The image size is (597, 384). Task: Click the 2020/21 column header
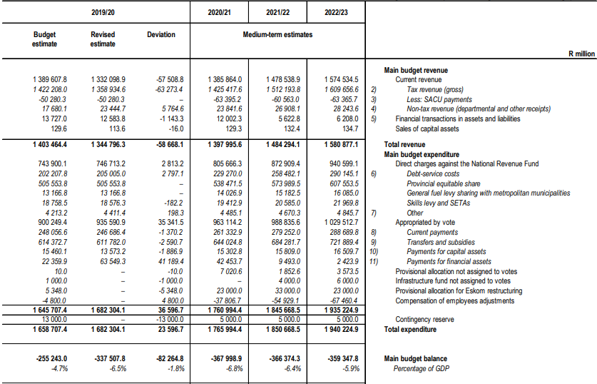(x=218, y=12)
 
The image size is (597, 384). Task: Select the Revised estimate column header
(x=103, y=39)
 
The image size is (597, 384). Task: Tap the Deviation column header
(x=160, y=34)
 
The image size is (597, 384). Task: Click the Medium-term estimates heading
(x=277, y=34)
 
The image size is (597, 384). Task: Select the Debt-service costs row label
(x=432, y=173)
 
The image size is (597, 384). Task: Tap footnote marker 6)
(x=373, y=173)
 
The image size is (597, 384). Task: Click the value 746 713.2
(x=106, y=163)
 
